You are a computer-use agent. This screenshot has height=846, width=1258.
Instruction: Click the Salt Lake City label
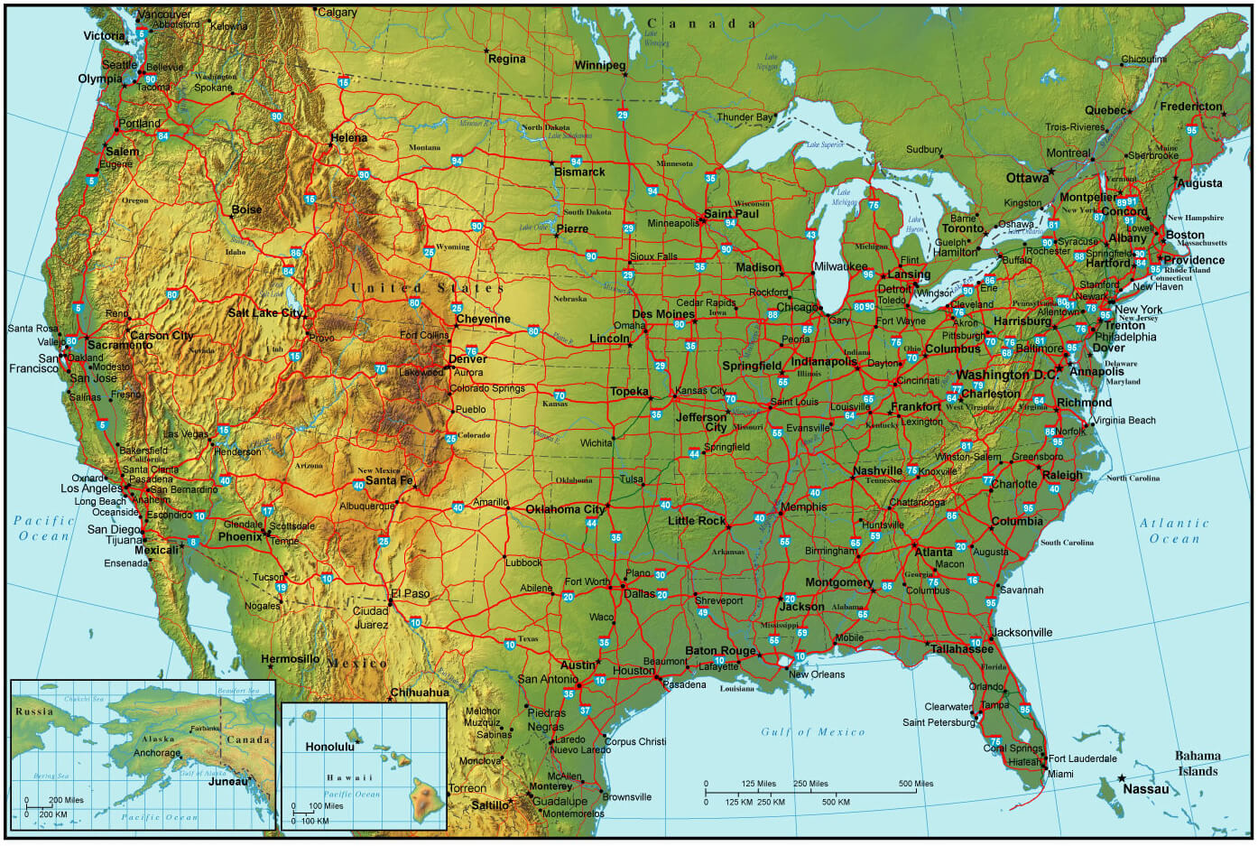(264, 313)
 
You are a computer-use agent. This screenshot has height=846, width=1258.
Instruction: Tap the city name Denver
(467, 359)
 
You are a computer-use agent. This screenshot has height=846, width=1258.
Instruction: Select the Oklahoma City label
(565, 509)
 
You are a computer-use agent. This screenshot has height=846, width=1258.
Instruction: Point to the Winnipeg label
(600, 66)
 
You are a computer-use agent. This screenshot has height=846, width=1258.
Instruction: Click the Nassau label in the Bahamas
(1145, 789)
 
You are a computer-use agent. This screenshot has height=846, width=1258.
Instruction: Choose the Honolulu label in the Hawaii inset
(329, 748)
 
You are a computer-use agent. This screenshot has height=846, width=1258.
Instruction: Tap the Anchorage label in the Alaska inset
(157, 753)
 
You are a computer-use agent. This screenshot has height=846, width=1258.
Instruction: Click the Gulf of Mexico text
(812, 732)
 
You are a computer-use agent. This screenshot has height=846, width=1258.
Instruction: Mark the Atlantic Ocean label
(1174, 531)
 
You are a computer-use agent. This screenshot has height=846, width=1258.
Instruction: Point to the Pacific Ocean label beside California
(43, 528)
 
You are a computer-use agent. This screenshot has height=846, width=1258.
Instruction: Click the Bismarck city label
(579, 172)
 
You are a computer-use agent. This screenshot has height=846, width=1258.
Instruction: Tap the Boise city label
(246, 209)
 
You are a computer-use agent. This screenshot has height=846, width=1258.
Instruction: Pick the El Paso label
(411, 594)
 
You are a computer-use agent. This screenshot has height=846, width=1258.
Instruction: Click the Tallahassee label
(962, 649)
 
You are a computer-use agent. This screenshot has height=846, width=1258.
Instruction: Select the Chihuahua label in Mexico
(420, 693)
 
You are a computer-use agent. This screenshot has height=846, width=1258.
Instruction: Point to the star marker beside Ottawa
(1051, 171)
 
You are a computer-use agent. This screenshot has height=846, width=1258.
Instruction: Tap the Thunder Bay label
(745, 117)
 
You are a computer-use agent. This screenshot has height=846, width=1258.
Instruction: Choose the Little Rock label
(697, 521)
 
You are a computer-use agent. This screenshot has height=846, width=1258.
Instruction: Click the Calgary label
(338, 13)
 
